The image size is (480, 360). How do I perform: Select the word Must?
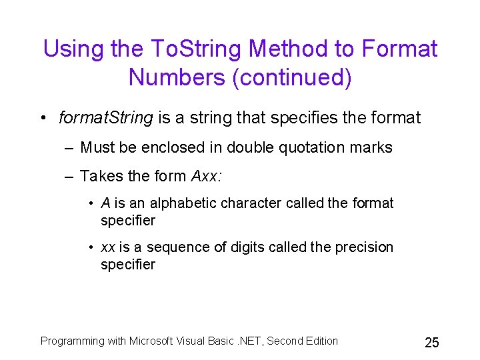[97, 147]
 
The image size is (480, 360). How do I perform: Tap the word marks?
[372, 147]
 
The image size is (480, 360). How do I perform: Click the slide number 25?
[431, 343]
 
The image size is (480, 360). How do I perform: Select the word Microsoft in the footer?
[153, 341]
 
